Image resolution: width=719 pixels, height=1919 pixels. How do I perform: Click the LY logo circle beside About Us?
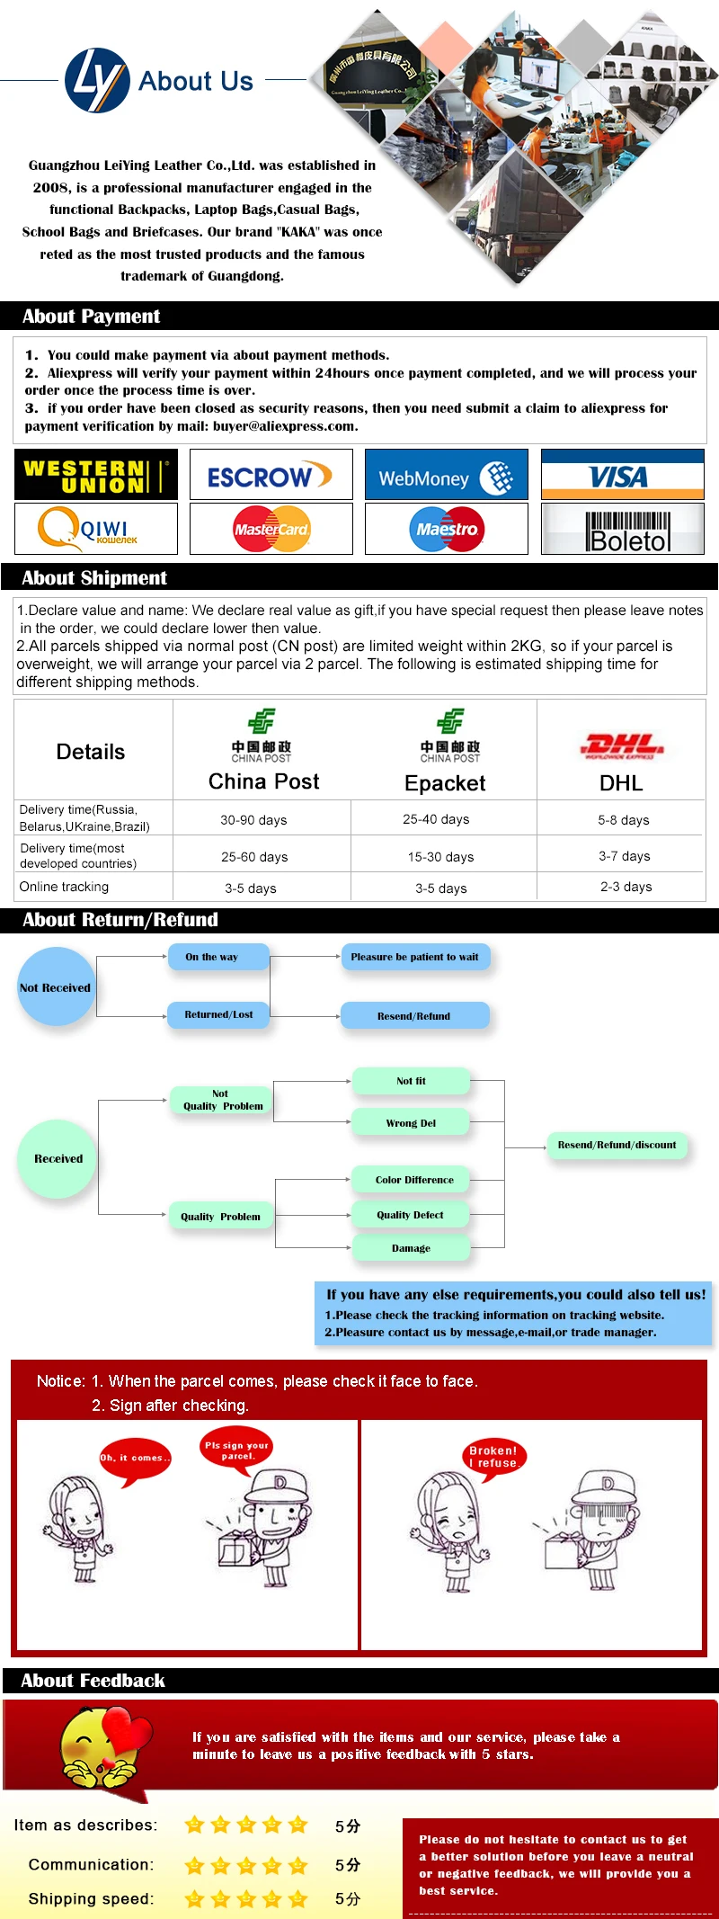(97, 80)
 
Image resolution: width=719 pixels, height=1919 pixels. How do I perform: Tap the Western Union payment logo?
(96, 475)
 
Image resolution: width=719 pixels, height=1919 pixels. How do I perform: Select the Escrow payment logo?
(271, 476)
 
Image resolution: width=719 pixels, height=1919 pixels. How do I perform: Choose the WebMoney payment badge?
(446, 476)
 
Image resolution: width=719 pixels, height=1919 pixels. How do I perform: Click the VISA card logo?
(622, 476)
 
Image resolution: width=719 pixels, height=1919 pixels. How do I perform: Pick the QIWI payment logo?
(96, 529)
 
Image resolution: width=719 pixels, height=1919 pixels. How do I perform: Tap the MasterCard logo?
(271, 529)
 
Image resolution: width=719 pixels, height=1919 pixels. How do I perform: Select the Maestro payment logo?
(446, 529)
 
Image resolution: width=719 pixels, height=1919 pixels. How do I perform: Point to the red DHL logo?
(622, 745)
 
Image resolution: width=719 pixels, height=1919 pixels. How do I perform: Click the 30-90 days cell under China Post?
(253, 820)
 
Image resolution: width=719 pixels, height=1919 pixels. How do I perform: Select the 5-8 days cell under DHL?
(623, 820)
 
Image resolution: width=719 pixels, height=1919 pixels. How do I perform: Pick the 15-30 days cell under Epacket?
(440, 857)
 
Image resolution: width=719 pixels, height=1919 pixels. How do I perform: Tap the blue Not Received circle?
(56, 986)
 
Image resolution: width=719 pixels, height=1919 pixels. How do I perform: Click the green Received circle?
(58, 1158)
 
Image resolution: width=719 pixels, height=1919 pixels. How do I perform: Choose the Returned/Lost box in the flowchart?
(218, 1014)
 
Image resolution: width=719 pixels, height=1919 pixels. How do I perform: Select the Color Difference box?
(413, 1180)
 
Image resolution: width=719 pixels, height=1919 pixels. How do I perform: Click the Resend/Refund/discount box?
(617, 1145)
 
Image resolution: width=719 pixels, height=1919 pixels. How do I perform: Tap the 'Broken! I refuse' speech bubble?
(493, 1457)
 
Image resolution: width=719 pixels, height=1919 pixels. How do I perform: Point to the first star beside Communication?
(194, 1866)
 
